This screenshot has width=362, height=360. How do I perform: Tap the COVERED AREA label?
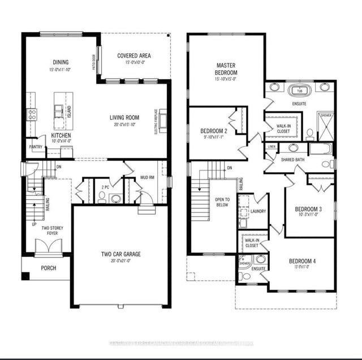tap(133, 55)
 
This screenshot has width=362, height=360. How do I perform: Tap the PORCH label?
tap(48, 268)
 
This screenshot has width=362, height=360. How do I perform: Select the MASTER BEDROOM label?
tap(226, 69)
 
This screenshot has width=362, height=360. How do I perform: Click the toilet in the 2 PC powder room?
tap(102, 196)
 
